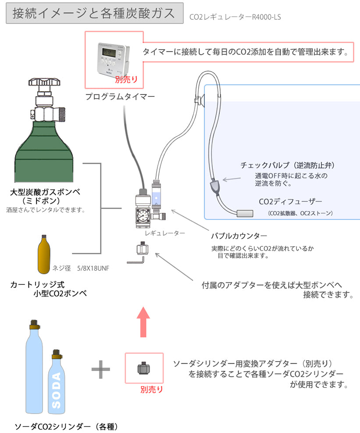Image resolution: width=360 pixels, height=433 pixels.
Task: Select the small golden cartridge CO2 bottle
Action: [43, 255]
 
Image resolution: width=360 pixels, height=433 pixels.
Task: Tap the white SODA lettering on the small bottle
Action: [56, 390]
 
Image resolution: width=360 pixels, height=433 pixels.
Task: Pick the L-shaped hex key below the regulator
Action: [135, 260]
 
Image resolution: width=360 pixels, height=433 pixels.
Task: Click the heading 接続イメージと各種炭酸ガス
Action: [94, 14]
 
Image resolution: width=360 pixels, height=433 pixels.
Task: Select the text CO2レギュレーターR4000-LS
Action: [235, 18]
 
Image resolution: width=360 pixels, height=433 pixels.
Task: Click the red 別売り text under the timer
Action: [126, 79]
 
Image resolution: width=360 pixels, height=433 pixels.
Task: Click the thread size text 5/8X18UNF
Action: [93, 267]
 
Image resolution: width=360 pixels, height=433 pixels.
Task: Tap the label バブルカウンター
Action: [239, 235]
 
